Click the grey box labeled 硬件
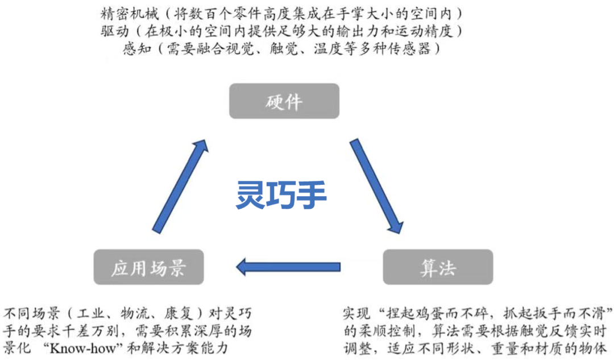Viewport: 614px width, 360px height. click(x=284, y=101)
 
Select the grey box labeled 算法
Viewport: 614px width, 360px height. click(x=438, y=267)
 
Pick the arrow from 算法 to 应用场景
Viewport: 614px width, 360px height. click(x=288, y=266)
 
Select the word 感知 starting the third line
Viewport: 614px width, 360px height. click(x=137, y=49)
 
